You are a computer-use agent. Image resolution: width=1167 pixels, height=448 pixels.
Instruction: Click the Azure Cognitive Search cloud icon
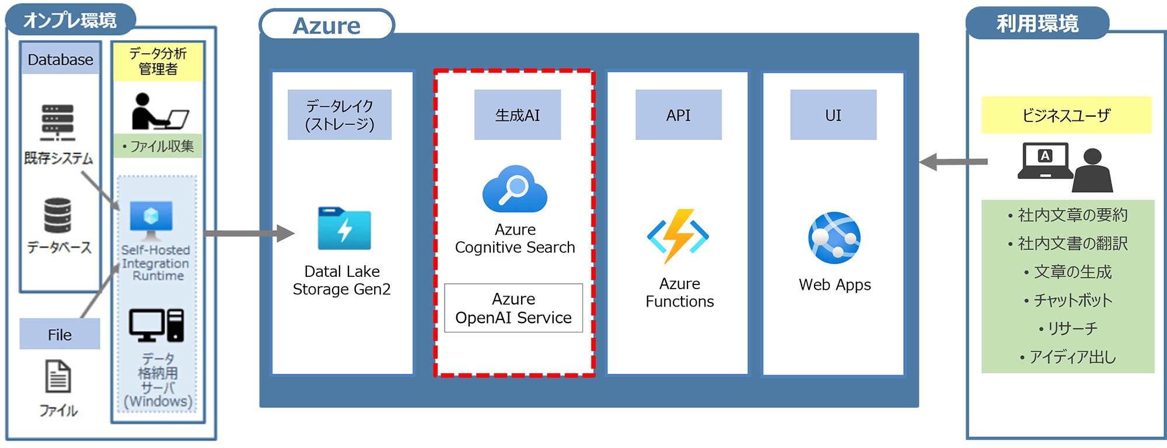point(515,189)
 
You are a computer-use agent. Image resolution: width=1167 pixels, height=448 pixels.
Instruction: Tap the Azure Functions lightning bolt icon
point(678,236)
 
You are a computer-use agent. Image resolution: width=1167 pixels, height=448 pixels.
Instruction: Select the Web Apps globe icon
point(834,238)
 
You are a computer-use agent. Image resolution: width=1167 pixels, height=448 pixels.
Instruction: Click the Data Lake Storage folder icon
point(344,228)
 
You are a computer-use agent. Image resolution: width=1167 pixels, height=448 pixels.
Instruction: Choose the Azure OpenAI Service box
point(513,308)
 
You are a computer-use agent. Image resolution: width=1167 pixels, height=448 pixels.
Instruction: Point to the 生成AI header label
point(518,115)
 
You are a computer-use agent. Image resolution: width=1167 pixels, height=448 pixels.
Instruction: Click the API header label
point(678,115)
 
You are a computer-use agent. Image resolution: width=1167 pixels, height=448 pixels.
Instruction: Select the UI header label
point(833,115)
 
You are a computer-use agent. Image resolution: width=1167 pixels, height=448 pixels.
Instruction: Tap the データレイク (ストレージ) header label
point(340,115)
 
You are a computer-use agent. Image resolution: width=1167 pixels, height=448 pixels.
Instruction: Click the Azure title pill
point(327,26)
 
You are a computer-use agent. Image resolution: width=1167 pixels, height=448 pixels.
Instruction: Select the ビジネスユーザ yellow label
point(1066,116)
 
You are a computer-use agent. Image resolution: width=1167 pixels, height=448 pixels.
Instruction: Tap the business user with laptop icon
point(1065,168)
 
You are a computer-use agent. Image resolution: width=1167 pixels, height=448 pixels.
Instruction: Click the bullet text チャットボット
point(1072,300)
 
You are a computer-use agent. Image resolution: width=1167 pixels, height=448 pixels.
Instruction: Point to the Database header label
point(60,60)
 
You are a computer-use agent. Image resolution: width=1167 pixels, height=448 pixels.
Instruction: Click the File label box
point(60,334)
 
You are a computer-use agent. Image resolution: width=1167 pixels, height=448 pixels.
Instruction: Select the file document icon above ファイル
point(58,377)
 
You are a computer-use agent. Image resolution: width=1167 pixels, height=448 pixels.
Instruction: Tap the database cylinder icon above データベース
point(58,216)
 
